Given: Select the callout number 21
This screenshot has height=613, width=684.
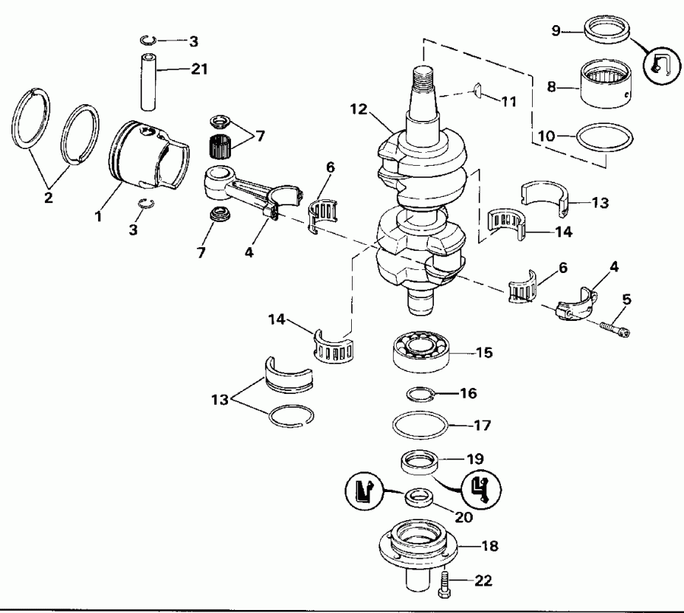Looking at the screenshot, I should (x=199, y=69).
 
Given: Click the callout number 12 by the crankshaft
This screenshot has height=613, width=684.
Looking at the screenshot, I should (x=359, y=108).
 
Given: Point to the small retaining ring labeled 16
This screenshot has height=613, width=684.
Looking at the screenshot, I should (x=419, y=393).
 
